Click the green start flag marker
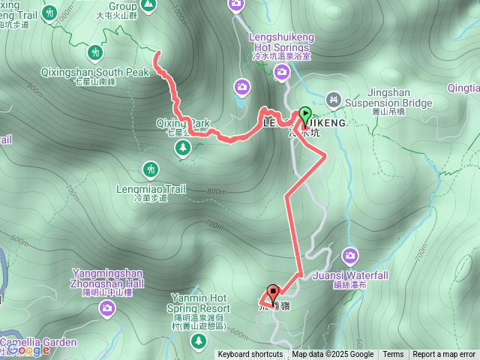click(x=304, y=115)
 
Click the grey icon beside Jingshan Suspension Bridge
click(x=334, y=98)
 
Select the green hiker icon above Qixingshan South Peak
click(x=95, y=53)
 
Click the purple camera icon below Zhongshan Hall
click(x=108, y=307)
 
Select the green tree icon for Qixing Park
click(x=183, y=149)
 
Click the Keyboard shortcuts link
click(x=250, y=355)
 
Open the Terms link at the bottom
click(x=393, y=355)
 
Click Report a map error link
click(x=444, y=355)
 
